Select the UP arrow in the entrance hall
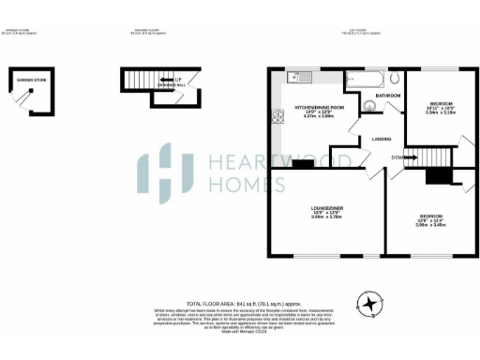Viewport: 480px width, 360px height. [x=178, y=80]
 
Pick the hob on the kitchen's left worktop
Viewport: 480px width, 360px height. [x=277, y=117]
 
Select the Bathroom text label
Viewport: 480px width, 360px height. [x=388, y=96]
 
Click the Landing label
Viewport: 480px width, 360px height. [x=381, y=140]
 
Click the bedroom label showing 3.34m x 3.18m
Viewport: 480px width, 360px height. [x=440, y=106]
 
